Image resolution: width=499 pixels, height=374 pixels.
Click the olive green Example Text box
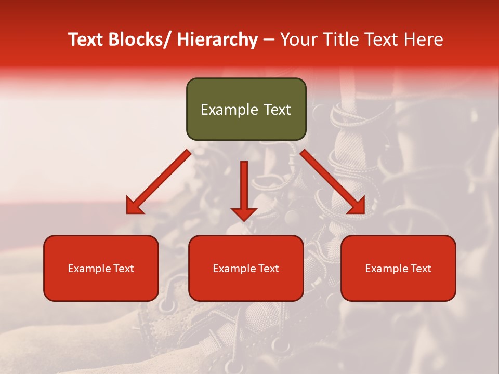[x=246, y=109]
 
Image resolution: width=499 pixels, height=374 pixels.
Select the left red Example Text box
[x=101, y=268]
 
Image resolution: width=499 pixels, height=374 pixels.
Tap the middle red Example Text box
[x=246, y=268]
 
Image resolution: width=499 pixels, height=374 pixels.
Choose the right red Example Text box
[x=398, y=268]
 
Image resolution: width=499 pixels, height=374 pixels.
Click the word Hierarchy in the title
[x=217, y=39]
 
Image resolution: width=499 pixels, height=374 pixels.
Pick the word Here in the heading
[x=424, y=39]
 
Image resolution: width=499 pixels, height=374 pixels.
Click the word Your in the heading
[x=299, y=39]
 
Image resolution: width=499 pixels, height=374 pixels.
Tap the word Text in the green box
[x=276, y=110]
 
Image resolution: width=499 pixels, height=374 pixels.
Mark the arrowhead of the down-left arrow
[x=134, y=206]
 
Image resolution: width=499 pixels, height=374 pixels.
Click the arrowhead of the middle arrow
[x=244, y=213]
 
